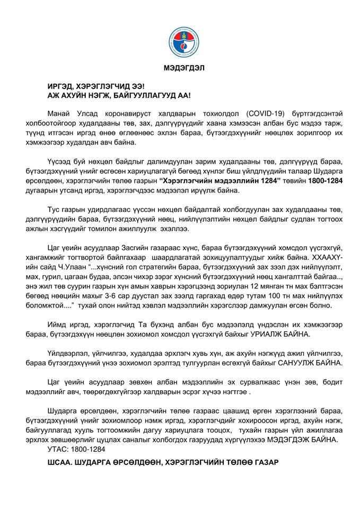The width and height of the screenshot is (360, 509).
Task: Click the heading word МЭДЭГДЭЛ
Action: (x=180, y=67)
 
